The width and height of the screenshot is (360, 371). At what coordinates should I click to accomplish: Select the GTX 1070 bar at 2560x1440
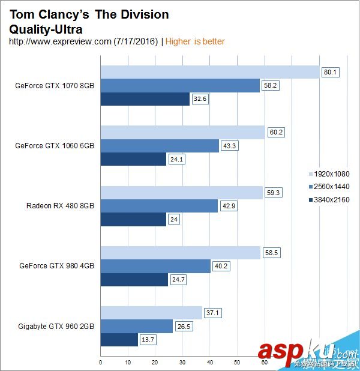pyautogui.click(x=180, y=85)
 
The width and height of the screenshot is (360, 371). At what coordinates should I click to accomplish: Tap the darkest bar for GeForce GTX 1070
pyautogui.click(x=145, y=98)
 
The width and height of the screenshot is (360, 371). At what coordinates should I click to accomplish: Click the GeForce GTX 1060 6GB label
pyautogui.click(x=55, y=145)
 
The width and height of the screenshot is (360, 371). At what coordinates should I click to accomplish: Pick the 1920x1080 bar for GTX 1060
pyautogui.click(x=182, y=132)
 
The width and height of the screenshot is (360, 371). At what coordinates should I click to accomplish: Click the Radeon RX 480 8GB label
pyautogui.click(x=60, y=205)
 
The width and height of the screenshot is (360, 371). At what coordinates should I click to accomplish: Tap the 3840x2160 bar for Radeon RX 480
pyautogui.click(x=133, y=219)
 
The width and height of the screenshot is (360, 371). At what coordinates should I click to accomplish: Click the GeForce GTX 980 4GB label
pyautogui.click(x=56, y=265)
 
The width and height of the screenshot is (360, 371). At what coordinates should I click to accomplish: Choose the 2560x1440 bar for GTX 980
pyautogui.click(x=155, y=265)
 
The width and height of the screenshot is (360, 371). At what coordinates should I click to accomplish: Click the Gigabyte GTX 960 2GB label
pyautogui.click(x=56, y=326)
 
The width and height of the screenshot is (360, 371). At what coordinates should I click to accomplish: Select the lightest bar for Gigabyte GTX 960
pyautogui.click(x=151, y=313)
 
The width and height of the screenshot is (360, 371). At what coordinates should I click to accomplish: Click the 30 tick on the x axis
pyautogui.click(x=182, y=362)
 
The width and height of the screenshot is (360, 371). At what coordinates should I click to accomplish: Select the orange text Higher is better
pyautogui.click(x=195, y=41)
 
